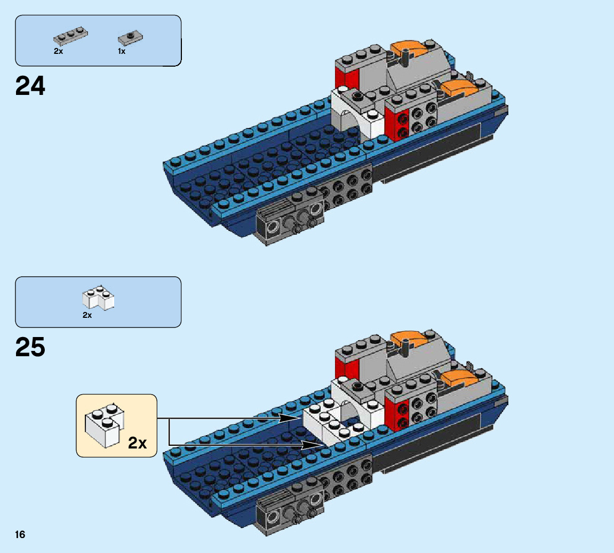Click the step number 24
[30, 86]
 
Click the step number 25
[30, 348]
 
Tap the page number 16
[20, 535]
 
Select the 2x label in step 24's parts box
[58, 52]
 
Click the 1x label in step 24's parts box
[122, 52]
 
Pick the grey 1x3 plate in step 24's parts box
[70, 36]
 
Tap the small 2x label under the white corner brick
[87, 315]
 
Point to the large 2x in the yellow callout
[137, 443]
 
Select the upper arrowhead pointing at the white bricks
[291, 419]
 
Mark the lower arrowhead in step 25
[312, 444]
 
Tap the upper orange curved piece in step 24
[410, 50]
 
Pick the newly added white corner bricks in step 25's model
[325, 421]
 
